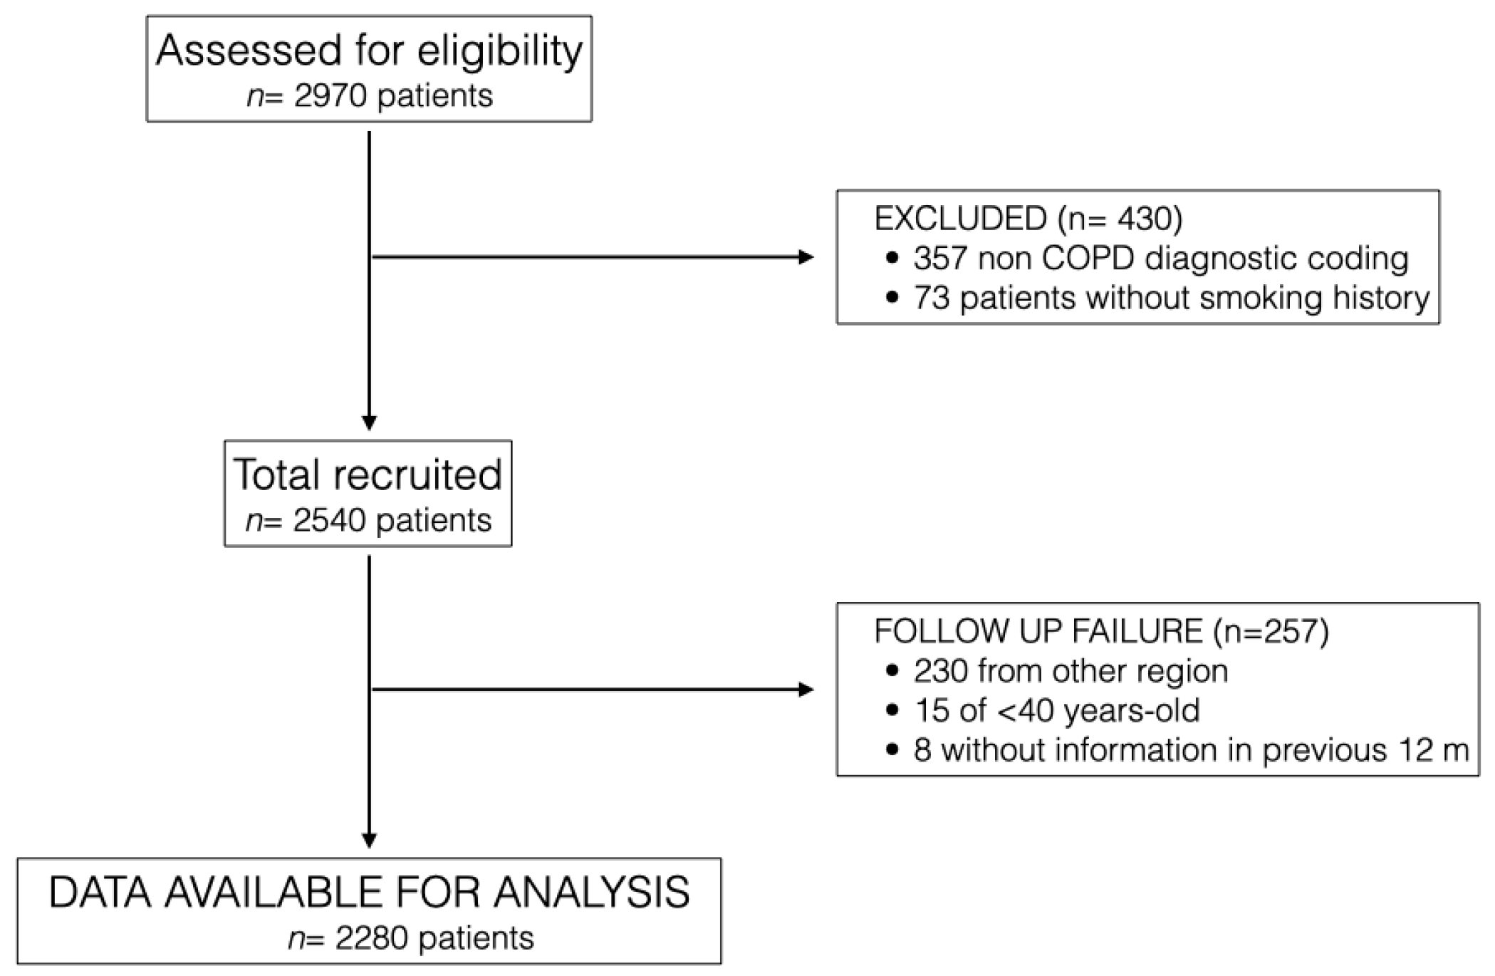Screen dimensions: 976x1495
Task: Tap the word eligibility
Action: point(500,51)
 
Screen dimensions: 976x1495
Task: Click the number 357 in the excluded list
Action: point(940,258)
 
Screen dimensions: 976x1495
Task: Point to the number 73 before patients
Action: point(932,298)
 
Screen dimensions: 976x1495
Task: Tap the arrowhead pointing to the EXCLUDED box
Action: point(806,257)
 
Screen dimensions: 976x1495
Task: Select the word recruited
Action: point(417,475)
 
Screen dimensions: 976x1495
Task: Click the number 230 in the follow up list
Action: point(940,671)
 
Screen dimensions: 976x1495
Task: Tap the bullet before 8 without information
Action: point(892,750)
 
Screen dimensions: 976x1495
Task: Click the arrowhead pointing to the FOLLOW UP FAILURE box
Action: point(806,689)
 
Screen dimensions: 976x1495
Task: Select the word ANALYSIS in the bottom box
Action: point(593,893)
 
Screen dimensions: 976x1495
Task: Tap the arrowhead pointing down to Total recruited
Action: point(369,422)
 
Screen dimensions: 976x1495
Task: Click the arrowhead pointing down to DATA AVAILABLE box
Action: point(369,841)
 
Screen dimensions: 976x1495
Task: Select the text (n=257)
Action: point(1271,632)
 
